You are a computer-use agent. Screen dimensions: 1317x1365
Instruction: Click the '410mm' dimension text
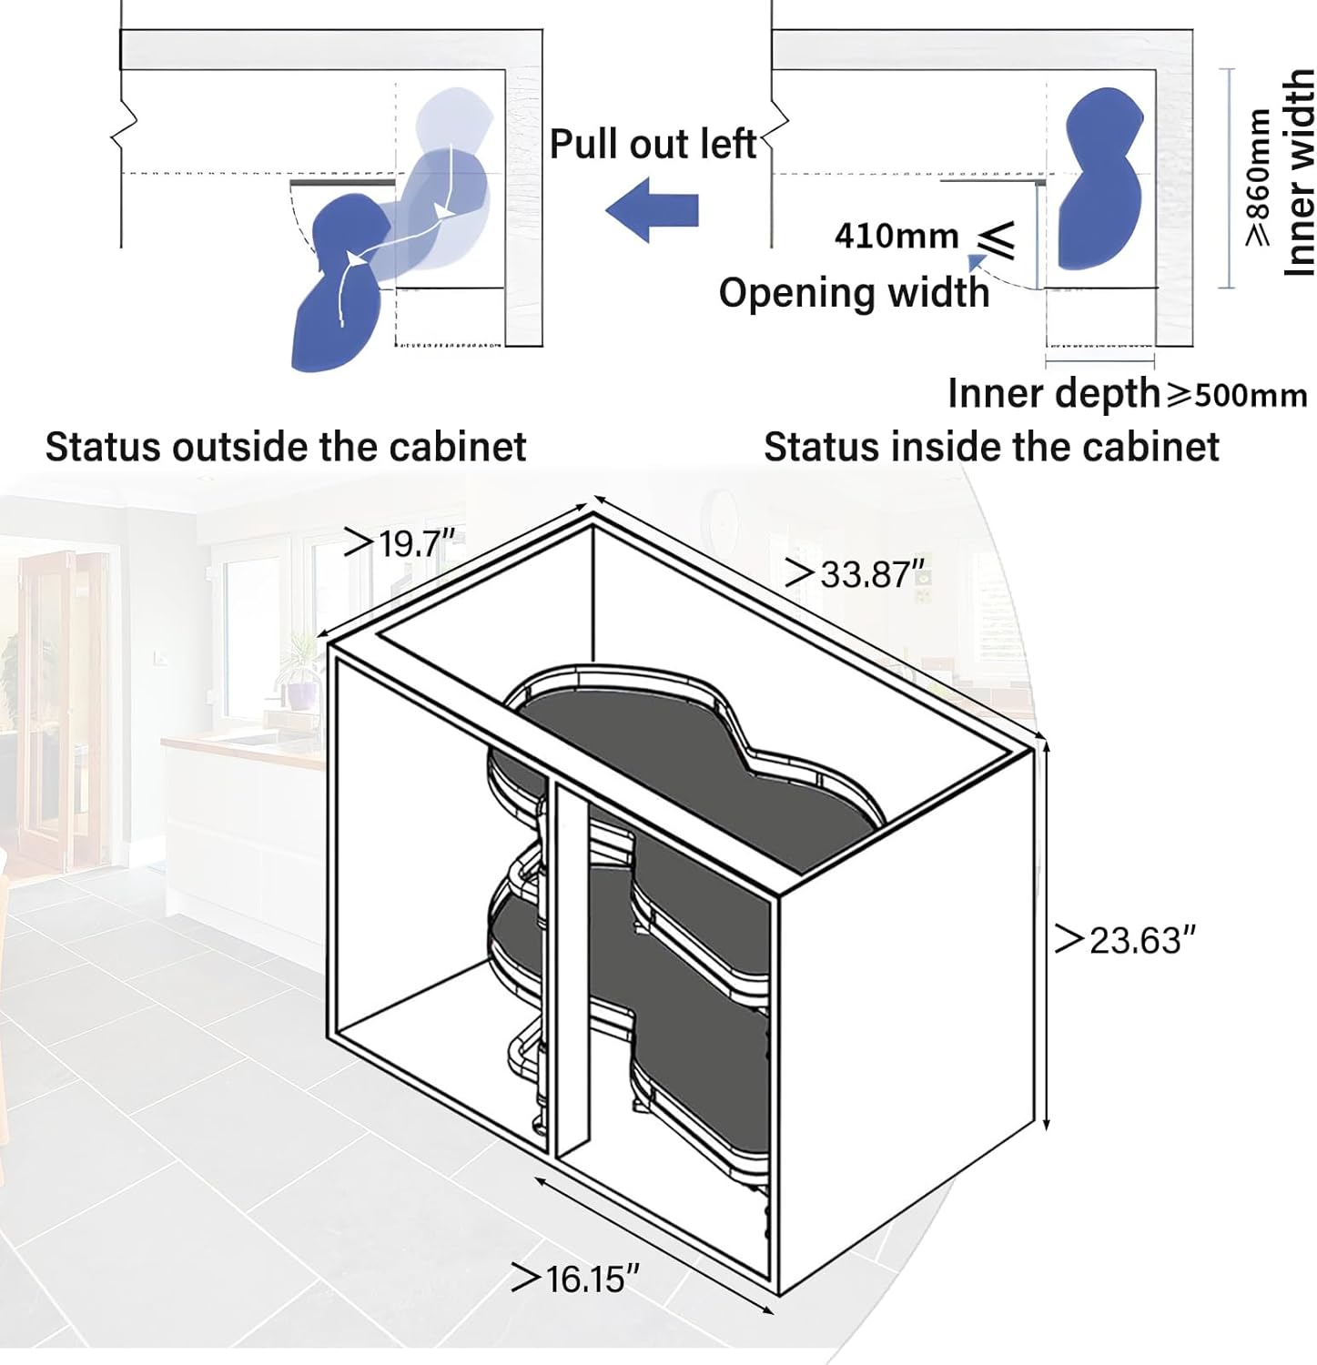click(x=897, y=236)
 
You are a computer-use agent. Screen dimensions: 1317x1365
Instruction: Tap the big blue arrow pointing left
click(x=652, y=210)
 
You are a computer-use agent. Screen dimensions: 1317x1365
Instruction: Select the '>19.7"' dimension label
click(x=400, y=544)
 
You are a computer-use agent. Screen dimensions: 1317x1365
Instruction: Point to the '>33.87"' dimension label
click(x=855, y=574)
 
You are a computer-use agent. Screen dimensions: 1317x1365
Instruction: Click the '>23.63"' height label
click(x=1125, y=939)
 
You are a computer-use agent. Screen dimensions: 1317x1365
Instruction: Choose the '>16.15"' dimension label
click(x=575, y=1279)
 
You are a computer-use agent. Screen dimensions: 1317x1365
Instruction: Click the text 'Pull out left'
click(x=653, y=144)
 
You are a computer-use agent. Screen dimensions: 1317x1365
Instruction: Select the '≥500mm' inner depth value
click(x=1238, y=394)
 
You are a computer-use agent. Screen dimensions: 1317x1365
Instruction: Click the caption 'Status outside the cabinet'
click(x=286, y=447)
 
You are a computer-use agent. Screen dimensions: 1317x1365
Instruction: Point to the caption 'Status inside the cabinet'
click(x=991, y=447)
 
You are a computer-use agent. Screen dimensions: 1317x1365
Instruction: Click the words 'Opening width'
click(x=854, y=293)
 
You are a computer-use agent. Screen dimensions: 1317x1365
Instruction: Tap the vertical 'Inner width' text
click(x=1299, y=173)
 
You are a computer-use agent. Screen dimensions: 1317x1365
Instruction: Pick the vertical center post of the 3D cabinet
click(x=571, y=965)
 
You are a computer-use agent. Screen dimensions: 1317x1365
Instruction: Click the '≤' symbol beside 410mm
click(x=996, y=238)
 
